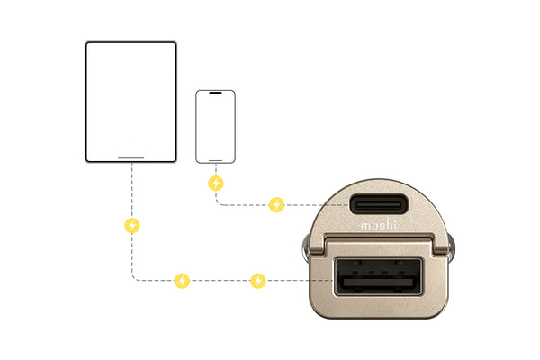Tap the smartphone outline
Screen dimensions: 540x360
pyautogui.click(x=196, y=127)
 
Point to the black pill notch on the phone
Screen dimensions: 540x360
pyautogui.click(x=216, y=93)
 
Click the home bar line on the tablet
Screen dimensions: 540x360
pyautogui.click(x=131, y=158)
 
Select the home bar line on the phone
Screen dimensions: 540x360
pyautogui.click(x=216, y=160)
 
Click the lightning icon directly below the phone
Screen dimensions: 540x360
pyautogui.click(x=216, y=184)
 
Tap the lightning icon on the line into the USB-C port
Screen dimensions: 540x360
pyautogui.click(x=276, y=205)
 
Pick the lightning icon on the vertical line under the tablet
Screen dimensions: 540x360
pyautogui.click(x=132, y=226)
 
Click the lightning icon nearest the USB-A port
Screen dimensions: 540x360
pyautogui.click(x=258, y=281)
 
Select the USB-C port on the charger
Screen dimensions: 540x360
pyautogui.click(x=379, y=204)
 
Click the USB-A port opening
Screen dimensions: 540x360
pyautogui.click(x=378, y=276)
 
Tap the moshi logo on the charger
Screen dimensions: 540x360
pyautogui.click(x=379, y=224)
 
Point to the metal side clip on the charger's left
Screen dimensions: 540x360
pyautogui.click(x=306, y=248)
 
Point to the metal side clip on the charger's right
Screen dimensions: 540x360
pyautogui.click(x=451, y=248)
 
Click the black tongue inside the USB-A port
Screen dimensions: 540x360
pyautogui.click(x=378, y=282)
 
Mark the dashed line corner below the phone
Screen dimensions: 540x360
pyautogui.click(x=217, y=204)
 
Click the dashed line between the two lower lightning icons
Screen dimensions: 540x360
pyautogui.click(x=220, y=281)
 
